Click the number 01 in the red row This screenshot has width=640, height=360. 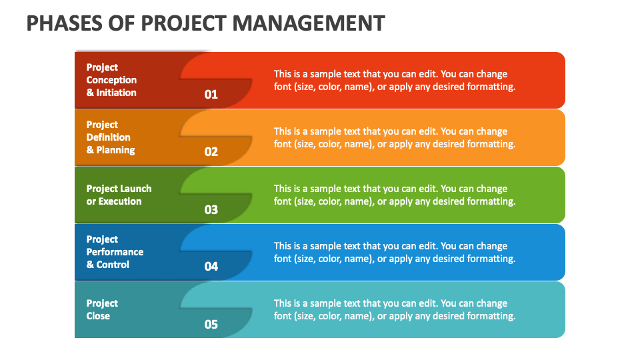pos(211,94)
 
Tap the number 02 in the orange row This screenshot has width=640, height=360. pos(211,151)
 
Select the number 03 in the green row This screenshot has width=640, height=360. pos(211,209)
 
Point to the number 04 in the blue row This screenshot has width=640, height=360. pos(211,266)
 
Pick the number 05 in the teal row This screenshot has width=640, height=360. pos(211,325)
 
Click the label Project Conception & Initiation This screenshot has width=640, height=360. pos(111,80)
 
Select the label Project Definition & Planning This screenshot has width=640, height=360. pos(110,137)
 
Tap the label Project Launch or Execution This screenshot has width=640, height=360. pos(119,195)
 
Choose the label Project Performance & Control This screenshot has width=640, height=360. pos(115,252)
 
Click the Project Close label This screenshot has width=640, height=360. pos(102,309)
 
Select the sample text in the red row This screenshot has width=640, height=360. pos(394,80)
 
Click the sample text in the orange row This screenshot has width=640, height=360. pos(394,137)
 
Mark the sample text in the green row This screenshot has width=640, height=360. pos(394,195)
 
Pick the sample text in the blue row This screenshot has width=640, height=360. pos(394,252)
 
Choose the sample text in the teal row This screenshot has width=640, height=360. pos(394,309)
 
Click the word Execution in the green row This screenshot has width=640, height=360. pos(120,201)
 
